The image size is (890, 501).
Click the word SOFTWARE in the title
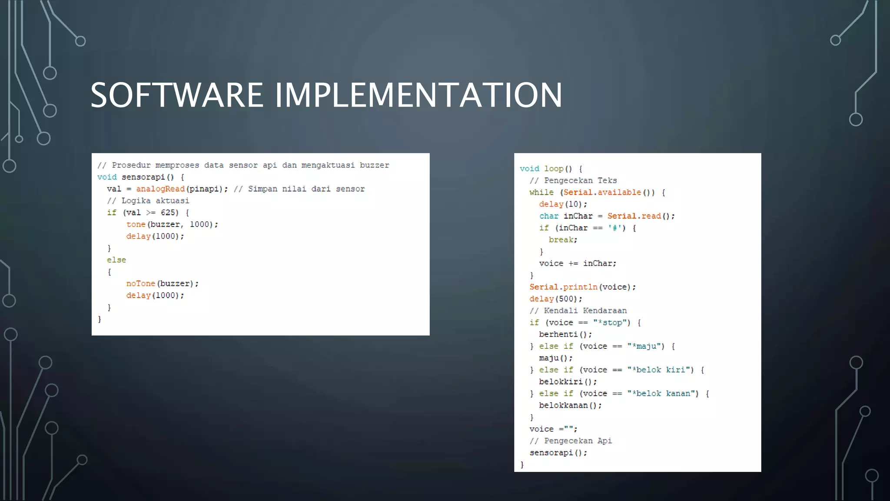176,95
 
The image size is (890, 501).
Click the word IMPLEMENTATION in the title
418,95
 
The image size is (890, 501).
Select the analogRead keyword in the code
160,189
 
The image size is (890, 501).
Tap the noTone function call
140,284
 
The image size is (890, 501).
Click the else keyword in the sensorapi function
116,260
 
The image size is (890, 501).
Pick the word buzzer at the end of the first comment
374,165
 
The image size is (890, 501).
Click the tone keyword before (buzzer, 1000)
136,224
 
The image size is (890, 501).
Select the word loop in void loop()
554,169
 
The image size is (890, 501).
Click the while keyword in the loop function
541,192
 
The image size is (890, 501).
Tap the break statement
562,240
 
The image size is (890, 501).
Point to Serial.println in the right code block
563,287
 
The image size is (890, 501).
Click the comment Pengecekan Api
578,441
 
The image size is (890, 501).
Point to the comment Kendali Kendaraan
585,311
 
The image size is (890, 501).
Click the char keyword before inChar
549,216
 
